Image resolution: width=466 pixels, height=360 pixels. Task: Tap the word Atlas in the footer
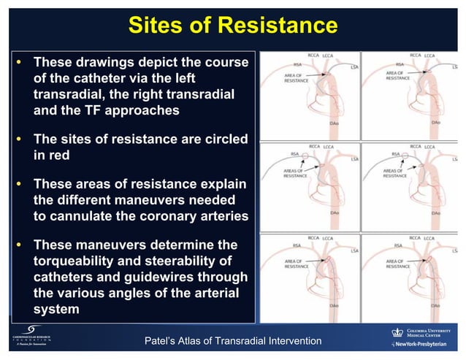click(x=204, y=341)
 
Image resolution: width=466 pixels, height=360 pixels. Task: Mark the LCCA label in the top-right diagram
click(x=429, y=55)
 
